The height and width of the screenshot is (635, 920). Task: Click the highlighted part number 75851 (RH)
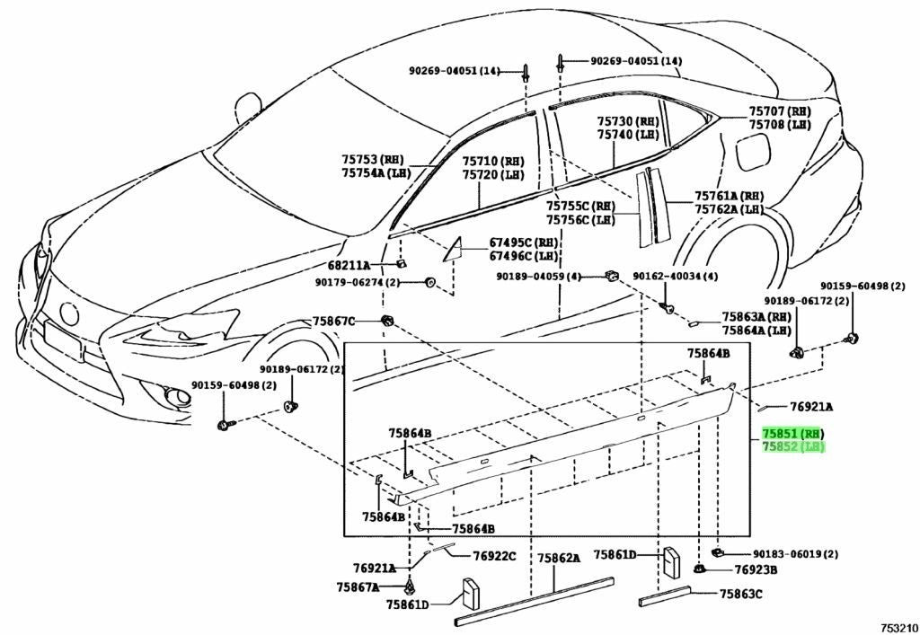click(x=792, y=434)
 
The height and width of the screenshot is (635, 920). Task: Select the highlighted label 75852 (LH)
click(x=792, y=446)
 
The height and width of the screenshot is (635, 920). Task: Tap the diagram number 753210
click(x=898, y=628)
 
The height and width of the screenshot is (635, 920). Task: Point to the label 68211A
click(x=349, y=265)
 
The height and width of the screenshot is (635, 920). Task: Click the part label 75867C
click(x=333, y=321)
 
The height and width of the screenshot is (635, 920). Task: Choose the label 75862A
click(x=559, y=558)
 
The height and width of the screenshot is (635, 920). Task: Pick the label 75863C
click(x=741, y=594)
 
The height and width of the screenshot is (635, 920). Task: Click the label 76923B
click(x=756, y=569)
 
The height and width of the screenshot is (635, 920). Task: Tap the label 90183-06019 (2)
click(x=796, y=553)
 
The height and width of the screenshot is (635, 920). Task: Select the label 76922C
click(x=495, y=555)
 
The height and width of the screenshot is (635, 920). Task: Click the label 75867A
click(x=358, y=586)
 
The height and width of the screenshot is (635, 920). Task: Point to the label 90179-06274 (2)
click(x=358, y=282)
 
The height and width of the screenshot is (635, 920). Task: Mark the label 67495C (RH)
click(x=524, y=243)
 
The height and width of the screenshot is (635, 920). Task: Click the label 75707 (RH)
click(x=780, y=111)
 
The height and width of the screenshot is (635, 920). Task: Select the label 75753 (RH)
click(x=373, y=160)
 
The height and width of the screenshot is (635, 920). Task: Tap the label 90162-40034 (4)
click(x=676, y=276)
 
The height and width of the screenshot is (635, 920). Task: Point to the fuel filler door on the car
click(x=756, y=151)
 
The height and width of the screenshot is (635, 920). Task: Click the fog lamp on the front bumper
click(x=175, y=396)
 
